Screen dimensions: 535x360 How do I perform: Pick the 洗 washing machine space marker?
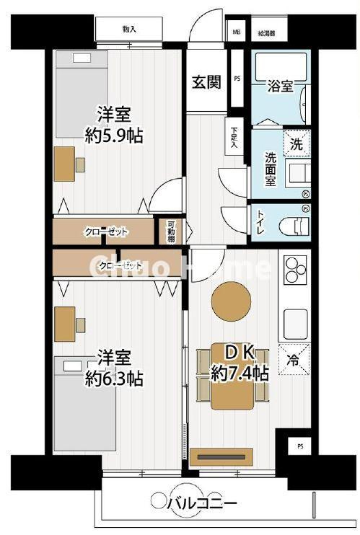pyautogui.click(x=297, y=142)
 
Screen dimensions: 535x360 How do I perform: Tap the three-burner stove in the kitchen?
pyautogui.click(x=296, y=271)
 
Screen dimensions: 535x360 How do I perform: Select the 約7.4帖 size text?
pyautogui.click(x=240, y=373)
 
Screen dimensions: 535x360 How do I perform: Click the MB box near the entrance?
pyautogui.click(x=236, y=32)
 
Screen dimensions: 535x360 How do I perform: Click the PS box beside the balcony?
pyautogui.click(x=299, y=447)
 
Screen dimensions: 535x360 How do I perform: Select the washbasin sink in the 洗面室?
pyautogui.click(x=296, y=173)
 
